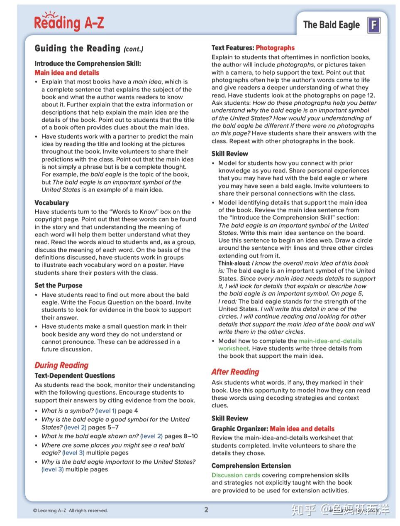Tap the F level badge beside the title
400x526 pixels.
373,25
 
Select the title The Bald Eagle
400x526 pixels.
331,25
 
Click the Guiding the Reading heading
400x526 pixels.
77,49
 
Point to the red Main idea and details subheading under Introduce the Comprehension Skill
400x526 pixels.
67,73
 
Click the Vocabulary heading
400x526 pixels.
51,203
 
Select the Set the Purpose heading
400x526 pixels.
58,285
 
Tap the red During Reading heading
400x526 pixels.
61,365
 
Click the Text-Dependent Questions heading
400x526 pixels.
75,376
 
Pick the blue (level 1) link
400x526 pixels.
105,411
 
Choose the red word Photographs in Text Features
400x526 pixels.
275,48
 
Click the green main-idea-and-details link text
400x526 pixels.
330,341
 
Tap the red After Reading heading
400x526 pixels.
235,372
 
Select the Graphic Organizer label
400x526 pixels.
239,429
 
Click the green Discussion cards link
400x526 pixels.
236,475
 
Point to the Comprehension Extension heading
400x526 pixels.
251,466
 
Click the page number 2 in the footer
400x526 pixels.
206,510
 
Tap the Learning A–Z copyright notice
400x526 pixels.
70,511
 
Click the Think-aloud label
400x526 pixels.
234,263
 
